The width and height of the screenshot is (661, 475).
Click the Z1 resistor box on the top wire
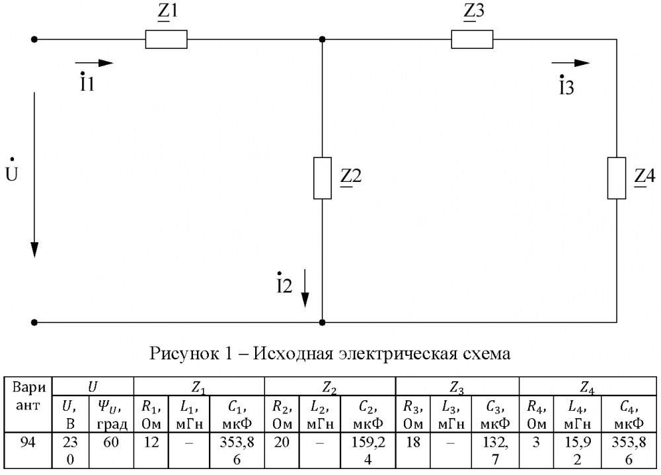pyautogui.click(x=166, y=40)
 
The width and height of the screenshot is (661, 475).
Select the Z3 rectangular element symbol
pyautogui.click(x=473, y=40)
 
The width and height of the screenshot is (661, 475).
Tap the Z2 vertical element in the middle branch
pyautogui.click(x=322, y=178)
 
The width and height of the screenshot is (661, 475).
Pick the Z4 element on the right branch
pyautogui.click(x=617, y=178)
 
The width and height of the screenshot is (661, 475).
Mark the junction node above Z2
pyautogui.click(x=322, y=40)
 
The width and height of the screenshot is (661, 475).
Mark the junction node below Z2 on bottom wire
pyautogui.click(x=322, y=323)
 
